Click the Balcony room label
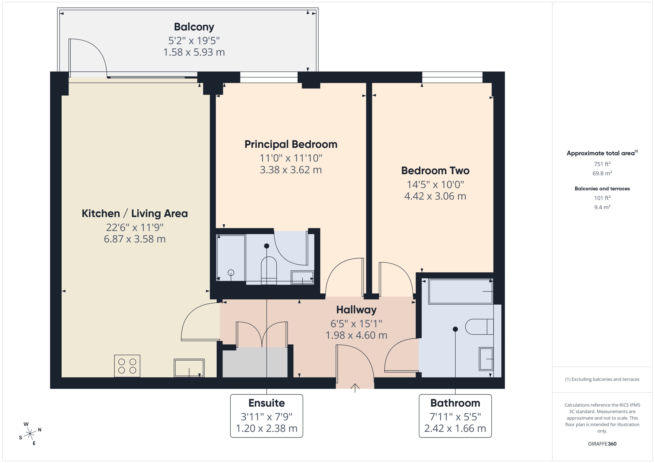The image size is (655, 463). [194, 27]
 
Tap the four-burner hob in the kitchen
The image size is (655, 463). [127, 366]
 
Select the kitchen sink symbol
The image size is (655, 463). [189, 368]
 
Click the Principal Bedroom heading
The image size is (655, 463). [291, 144]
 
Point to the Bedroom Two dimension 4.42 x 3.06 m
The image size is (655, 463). [435, 196]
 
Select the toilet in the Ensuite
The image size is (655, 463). [269, 269]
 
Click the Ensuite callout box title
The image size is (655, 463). [266, 403]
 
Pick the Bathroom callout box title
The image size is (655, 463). [455, 403]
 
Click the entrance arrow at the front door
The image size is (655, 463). [355, 387]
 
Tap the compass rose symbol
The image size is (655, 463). [30, 434]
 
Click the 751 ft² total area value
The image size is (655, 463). [602, 164]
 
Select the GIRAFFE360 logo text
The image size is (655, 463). [602, 444]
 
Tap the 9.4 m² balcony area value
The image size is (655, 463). [602, 207]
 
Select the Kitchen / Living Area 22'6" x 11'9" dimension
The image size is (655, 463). [134, 227]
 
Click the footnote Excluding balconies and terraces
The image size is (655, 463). [602, 379]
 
